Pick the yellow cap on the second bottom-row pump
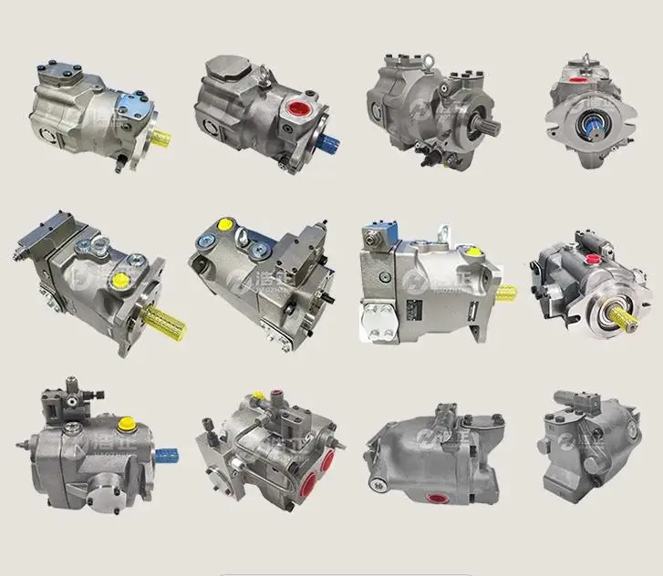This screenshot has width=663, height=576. click(x=258, y=396)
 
